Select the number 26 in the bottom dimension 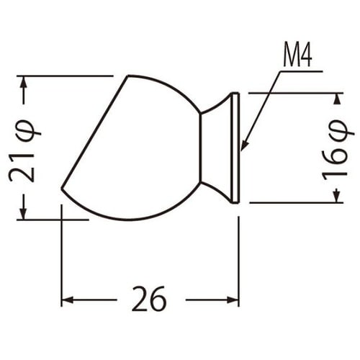(x=150, y=299)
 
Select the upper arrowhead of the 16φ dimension (x=335, y=99)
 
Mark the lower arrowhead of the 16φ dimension (x=335, y=197)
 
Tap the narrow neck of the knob (x=213, y=148)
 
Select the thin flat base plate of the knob (x=235, y=148)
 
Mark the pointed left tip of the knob (x=63, y=189)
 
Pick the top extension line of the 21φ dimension (x=65, y=75)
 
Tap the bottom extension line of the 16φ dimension (x=295, y=203)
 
